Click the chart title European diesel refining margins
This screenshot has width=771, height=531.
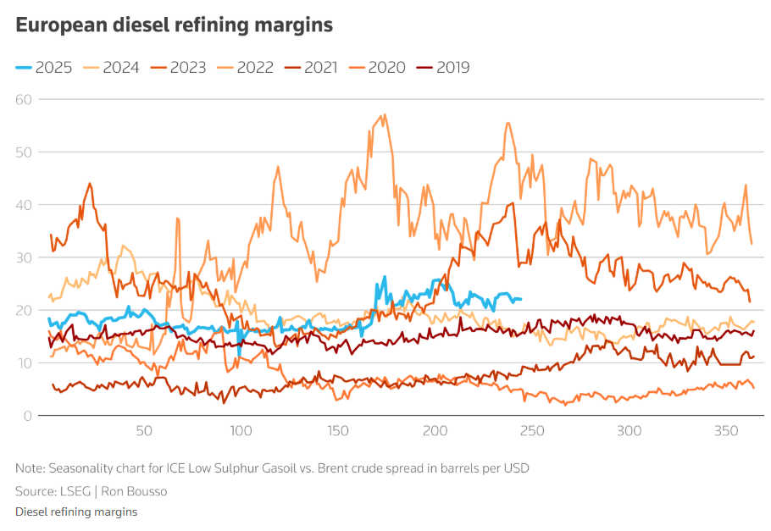pos(174,25)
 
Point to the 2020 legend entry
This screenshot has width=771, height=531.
pos(381,68)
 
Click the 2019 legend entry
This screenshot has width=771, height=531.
pos(447,68)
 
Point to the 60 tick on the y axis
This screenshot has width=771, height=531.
pos(23,99)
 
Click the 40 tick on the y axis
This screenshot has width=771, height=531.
pos(23,205)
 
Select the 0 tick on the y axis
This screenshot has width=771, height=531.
pos(27,416)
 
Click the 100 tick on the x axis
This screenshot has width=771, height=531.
pos(241,431)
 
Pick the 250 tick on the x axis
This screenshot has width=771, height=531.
pos(532,431)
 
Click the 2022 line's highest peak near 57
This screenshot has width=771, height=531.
pos(385,115)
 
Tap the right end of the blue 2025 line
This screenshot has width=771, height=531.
pos(520,299)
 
